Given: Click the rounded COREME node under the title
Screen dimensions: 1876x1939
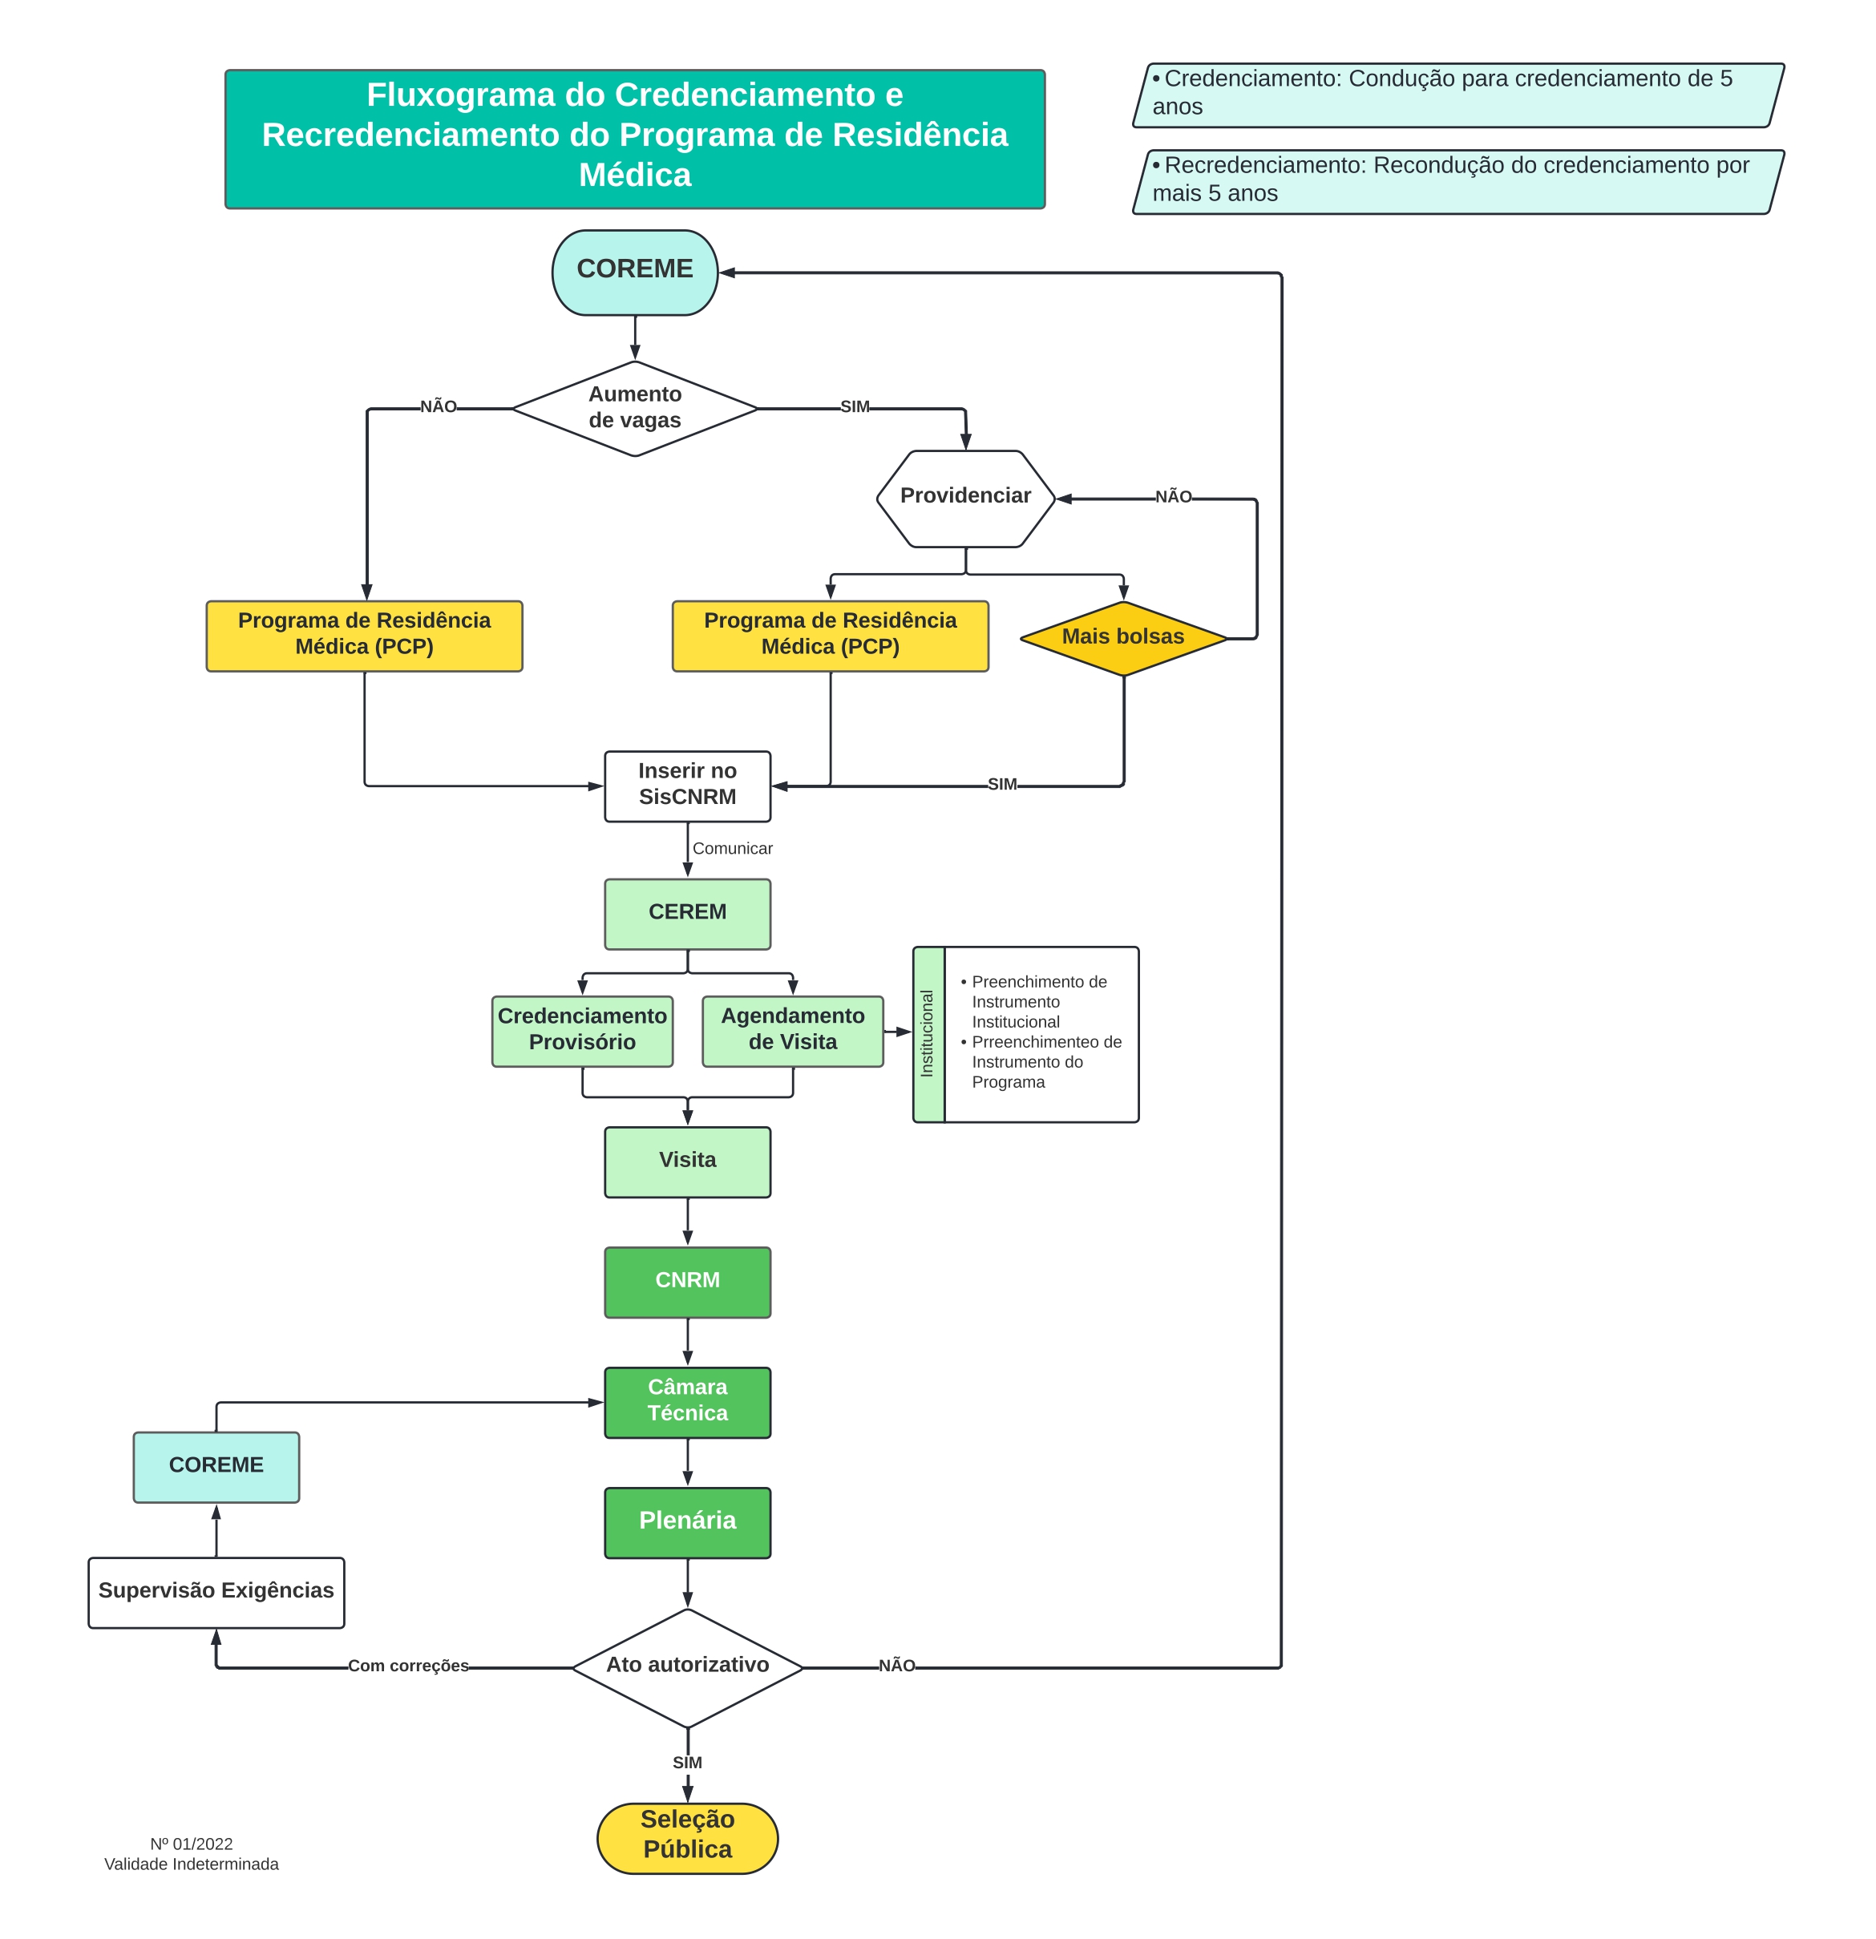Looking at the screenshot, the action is point(634,272).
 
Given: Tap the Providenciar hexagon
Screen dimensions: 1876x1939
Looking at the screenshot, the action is point(966,499).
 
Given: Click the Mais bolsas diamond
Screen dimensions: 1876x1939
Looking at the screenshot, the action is point(1123,638).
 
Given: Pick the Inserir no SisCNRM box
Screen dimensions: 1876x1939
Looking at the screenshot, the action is point(688,786).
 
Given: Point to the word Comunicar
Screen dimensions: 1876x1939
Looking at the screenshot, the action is point(732,848).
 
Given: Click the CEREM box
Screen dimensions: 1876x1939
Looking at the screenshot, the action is point(688,914).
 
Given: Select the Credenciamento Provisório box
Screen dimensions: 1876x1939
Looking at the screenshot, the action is point(582,1031).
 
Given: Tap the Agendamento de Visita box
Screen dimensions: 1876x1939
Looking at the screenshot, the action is point(793,1031).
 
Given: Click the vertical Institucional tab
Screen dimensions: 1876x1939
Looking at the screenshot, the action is point(928,1034).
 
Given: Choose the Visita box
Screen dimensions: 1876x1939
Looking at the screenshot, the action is point(688,1161).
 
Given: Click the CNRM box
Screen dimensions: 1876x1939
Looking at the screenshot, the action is point(688,1283).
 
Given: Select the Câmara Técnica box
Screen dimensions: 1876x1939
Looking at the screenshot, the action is point(688,1402).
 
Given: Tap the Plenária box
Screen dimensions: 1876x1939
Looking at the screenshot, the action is point(688,1522).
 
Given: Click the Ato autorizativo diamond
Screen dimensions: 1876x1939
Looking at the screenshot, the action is point(688,1668).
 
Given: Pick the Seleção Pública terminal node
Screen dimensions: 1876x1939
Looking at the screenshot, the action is point(688,1838).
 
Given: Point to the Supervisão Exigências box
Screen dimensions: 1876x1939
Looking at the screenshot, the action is point(216,1593).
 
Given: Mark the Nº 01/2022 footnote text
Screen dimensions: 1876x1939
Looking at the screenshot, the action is point(191,1844).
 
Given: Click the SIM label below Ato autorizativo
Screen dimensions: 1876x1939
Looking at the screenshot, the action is point(687,1763).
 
